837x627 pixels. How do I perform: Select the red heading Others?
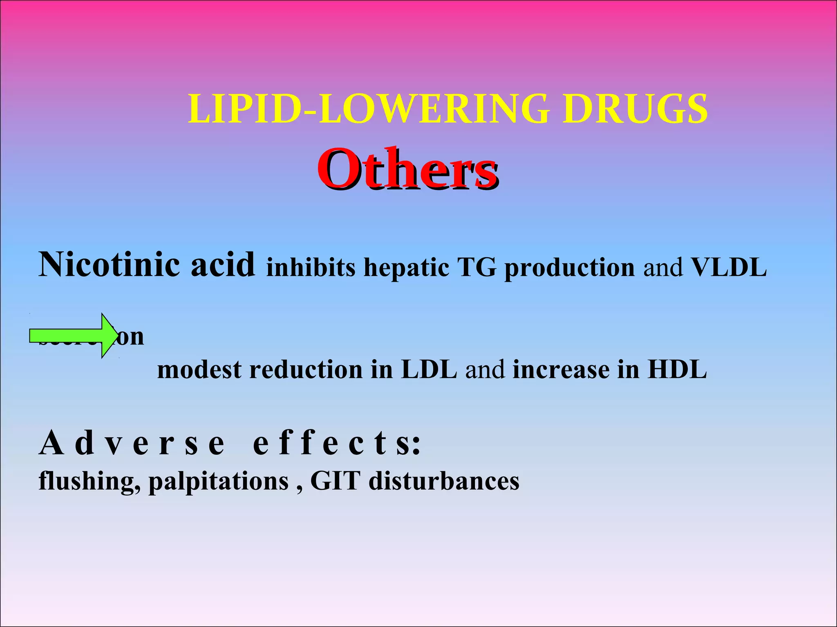pyautogui.click(x=407, y=169)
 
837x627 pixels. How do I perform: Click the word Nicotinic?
pyautogui.click(x=110, y=265)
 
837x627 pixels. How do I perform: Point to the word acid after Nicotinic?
pyautogui.click(x=223, y=265)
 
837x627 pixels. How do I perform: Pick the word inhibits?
pyautogui.click(x=311, y=268)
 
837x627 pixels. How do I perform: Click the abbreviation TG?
pyautogui.click(x=477, y=268)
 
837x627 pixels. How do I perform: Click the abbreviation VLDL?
pyautogui.click(x=729, y=268)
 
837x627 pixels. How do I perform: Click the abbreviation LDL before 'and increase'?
pyautogui.click(x=429, y=370)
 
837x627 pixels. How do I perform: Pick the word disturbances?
pyautogui.click(x=444, y=481)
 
